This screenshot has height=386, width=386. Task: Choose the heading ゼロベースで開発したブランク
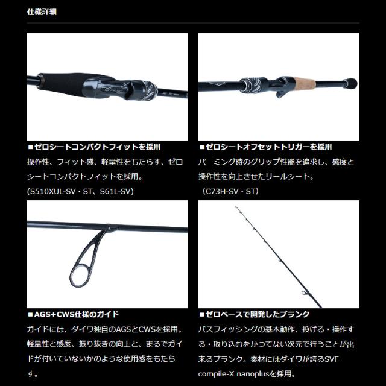tap(257, 314)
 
